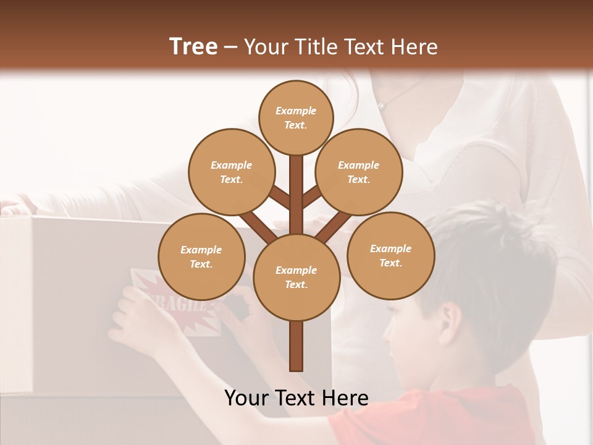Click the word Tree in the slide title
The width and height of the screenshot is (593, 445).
(193, 47)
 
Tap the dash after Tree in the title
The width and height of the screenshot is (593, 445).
(230, 48)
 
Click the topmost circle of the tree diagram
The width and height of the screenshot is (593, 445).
(296, 117)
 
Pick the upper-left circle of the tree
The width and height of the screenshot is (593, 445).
(231, 172)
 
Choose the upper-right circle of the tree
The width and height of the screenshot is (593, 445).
(358, 172)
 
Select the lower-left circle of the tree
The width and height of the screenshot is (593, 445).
(201, 257)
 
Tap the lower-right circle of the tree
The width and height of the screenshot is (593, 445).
(390, 256)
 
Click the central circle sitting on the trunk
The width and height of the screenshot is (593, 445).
(296, 278)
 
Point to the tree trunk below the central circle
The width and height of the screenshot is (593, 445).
(296, 346)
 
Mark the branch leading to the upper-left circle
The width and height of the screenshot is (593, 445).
(280, 197)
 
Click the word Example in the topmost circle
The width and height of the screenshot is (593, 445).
(296, 111)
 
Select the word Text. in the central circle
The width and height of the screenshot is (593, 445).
(296, 285)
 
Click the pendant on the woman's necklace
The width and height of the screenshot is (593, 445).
(382, 106)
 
